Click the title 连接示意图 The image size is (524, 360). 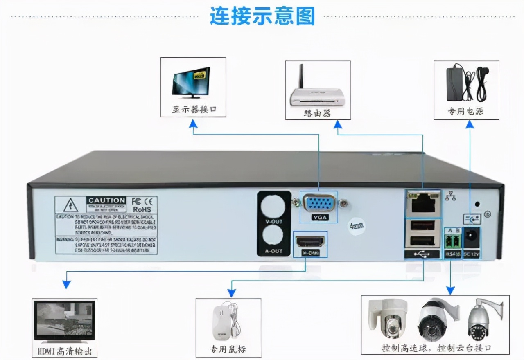pos(262,16)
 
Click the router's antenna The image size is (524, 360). pos(300,78)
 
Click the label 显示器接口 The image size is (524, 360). pos(194,110)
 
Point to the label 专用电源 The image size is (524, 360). pos(466,111)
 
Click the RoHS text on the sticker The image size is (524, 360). pos(142,209)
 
